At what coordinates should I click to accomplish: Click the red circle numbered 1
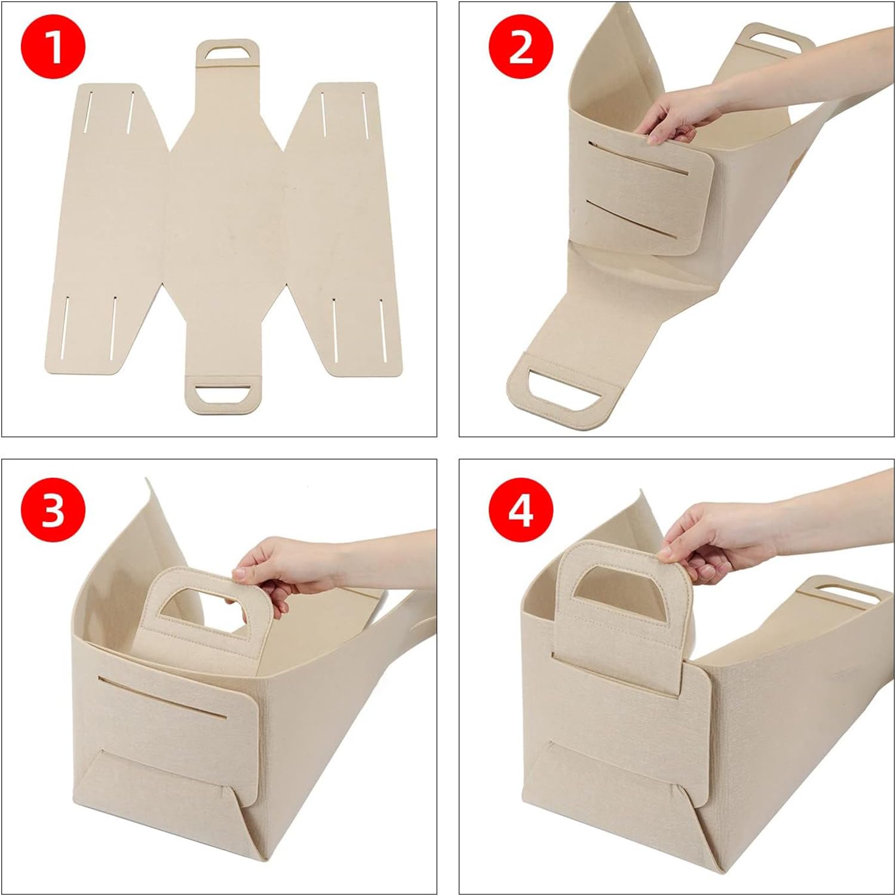coord(53,46)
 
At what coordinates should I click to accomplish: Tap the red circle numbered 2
coord(521,46)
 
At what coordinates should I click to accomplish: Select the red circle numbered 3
coord(53,510)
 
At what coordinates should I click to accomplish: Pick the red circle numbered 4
coord(521,510)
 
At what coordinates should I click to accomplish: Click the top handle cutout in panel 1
coord(228,53)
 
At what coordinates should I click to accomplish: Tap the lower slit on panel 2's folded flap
coord(636,221)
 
